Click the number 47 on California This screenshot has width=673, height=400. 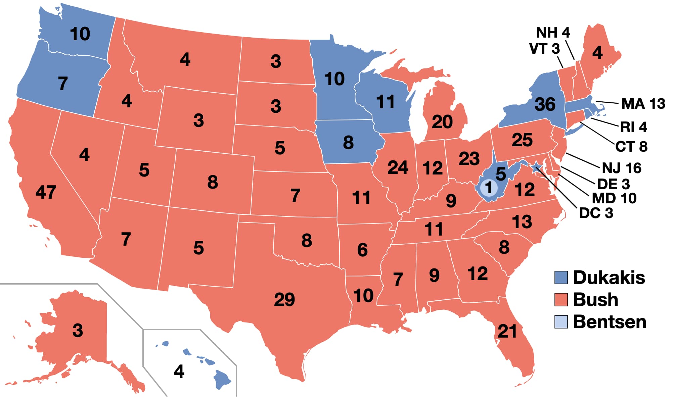(x=46, y=192)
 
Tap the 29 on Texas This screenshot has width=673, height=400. (x=284, y=299)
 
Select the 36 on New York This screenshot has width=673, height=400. (x=545, y=104)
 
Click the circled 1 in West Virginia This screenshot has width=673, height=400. (x=489, y=188)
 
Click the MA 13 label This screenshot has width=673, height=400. (x=643, y=104)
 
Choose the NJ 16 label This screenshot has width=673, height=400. (x=621, y=168)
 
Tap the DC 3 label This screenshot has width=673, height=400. (x=596, y=213)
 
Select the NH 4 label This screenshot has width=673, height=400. (x=553, y=33)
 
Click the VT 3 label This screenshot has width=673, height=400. (x=544, y=49)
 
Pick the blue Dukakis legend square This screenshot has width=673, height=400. (x=561, y=278)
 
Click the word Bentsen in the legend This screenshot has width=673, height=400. (x=610, y=322)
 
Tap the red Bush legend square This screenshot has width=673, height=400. (x=561, y=300)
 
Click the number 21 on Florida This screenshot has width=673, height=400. (x=507, y=332)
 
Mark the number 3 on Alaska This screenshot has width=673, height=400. (x=78, y=331)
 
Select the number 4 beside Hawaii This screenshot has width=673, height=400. (x=179, y=371)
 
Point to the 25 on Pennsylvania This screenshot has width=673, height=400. (x=522, y=140)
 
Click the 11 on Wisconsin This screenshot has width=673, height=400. (x=385, y=102)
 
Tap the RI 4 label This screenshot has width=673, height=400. (x=633, y=127)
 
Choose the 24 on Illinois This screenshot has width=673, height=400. (x=398, y=167)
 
